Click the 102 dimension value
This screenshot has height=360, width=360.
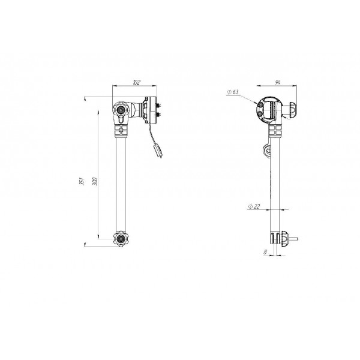tap(136, 82)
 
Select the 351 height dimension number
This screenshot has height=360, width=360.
tap(82, 181)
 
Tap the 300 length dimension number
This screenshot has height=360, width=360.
tap(95, 181)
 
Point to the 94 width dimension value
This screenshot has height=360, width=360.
tap(278, 82)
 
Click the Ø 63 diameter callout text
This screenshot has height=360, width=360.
tap(233, 92)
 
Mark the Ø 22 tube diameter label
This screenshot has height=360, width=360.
tap(254, 206)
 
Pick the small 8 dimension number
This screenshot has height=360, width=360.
tap(265, 252)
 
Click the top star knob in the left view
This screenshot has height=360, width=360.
tap(120, 110)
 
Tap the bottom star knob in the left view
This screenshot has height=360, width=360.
tap(121, 239)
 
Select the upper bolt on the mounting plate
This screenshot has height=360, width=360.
tap(158, 106)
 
